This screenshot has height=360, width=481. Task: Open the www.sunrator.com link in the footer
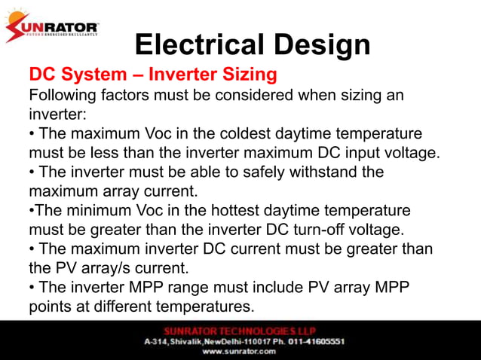point(240,351)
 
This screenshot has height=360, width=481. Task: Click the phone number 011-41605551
point(302,341)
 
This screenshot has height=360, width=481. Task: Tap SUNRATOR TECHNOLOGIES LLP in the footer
point(240,331)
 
